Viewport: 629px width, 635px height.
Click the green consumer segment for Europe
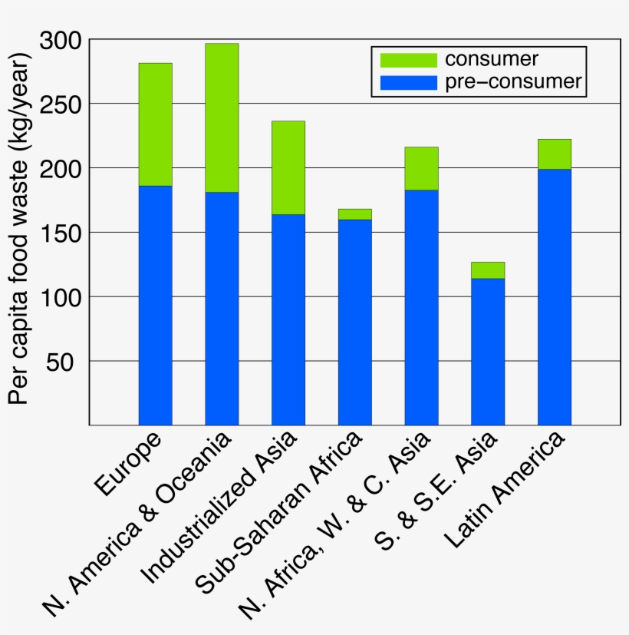(x=155, y=124)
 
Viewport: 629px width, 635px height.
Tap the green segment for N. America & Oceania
(x=222, y=117)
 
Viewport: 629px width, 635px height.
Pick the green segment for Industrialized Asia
(x=288, y=167)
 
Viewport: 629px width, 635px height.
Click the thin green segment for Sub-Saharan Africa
(x=354, y=214)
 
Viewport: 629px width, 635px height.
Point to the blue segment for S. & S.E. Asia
(x=488, y=351)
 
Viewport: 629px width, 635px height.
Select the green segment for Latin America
(x=555, y=154)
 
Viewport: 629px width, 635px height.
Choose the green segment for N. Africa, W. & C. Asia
(x=421, y=168)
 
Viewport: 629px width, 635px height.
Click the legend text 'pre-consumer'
(x=513, y=82)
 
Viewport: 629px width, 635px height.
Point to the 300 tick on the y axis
(x=64, y=40)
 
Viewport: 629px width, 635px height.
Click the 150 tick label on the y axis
(x=64, y=233)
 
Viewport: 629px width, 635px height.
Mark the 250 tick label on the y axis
(x=64, y=104)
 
